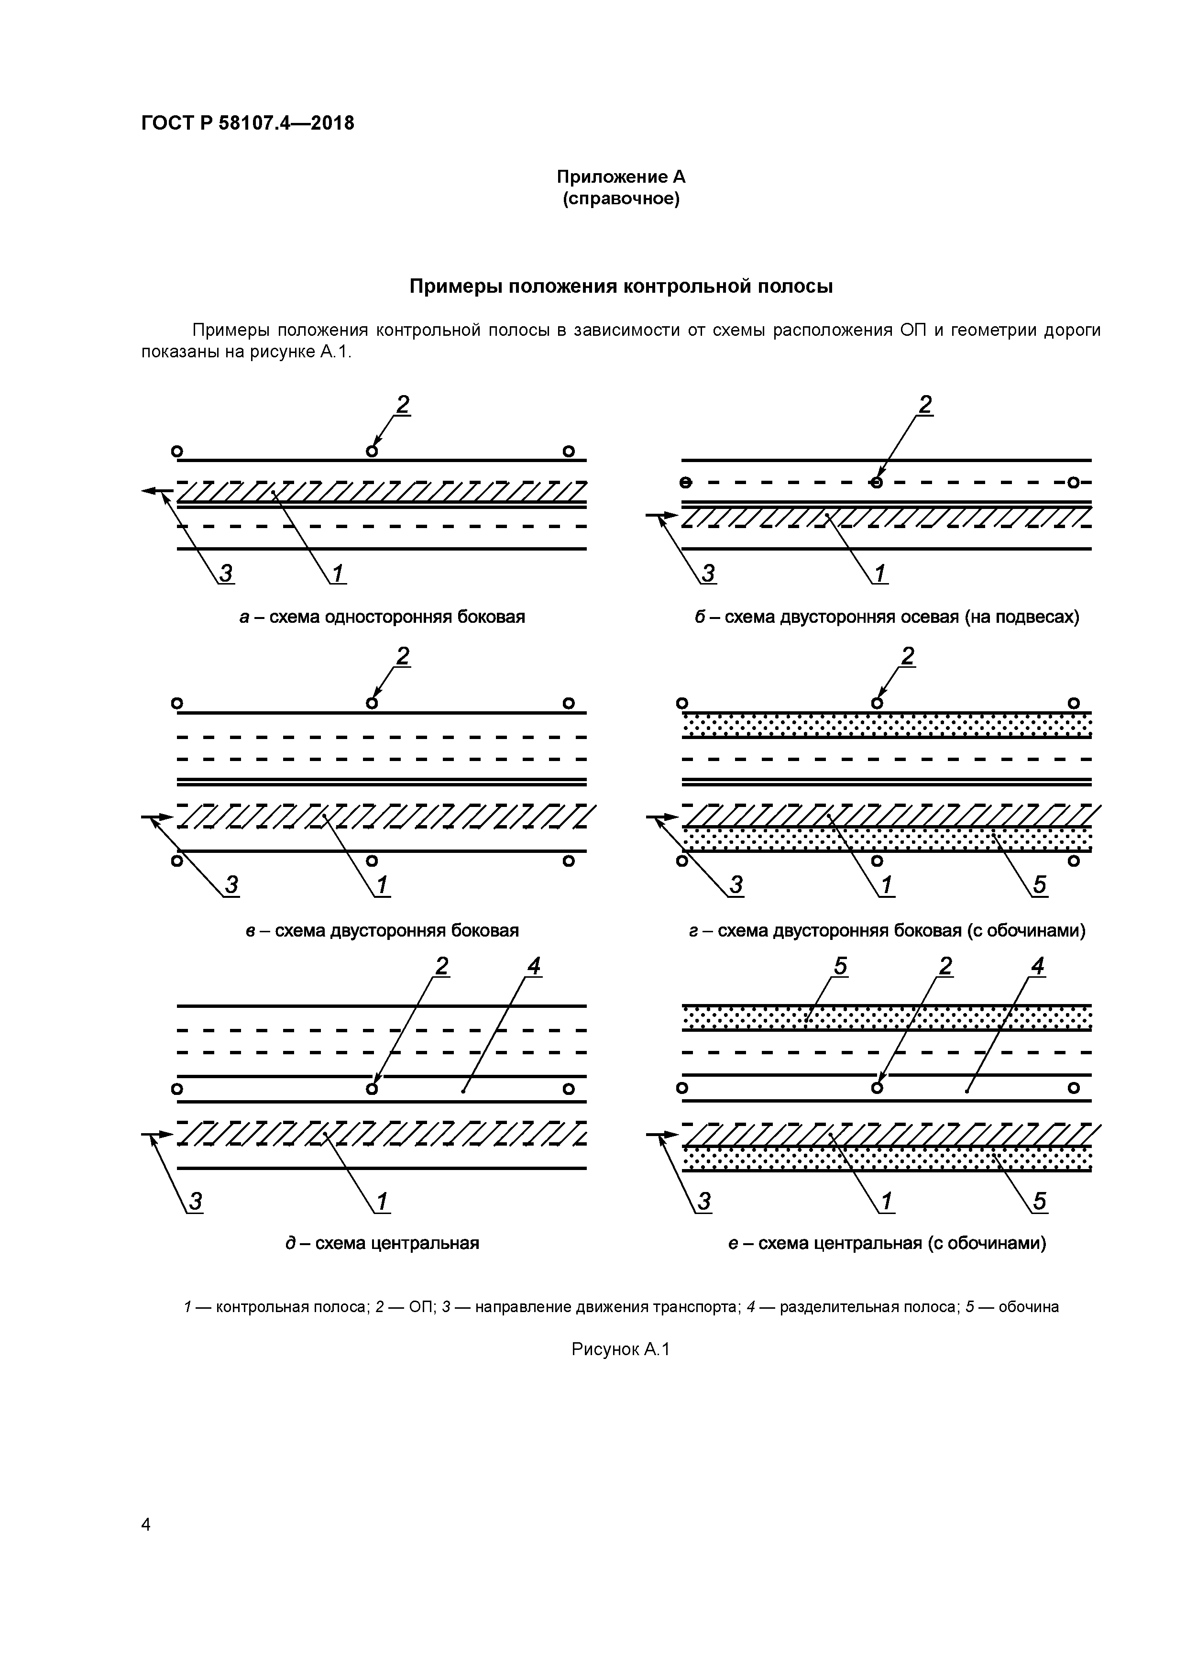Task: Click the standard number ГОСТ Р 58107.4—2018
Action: (247, 123)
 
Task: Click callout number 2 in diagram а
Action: (403, 404)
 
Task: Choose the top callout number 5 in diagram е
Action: (840, 967)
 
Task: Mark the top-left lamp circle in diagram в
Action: (176, 703)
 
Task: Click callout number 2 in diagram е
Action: (945, 967)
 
